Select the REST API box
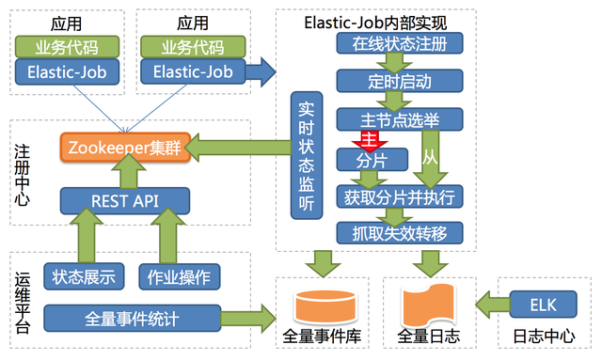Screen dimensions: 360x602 124,200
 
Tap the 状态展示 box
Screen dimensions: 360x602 85,276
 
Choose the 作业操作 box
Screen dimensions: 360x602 179,276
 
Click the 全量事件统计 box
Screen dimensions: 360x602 132,317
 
